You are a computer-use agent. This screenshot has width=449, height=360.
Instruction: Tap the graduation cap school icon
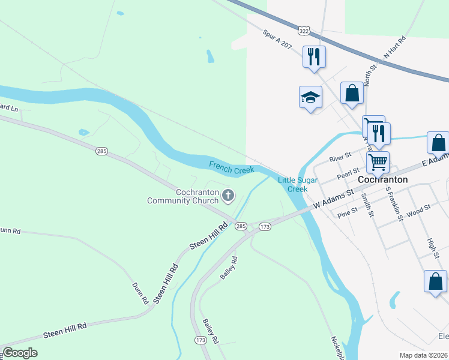click(x=310, y=97)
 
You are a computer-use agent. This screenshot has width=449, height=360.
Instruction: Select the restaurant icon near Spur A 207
click(x=314, y=57)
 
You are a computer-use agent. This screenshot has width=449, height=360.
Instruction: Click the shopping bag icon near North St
click(x=352, y=94)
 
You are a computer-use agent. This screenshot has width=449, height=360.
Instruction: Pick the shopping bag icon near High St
click(x=435, y=282)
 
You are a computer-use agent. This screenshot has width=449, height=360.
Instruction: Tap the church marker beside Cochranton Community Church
click(x=228, y=194)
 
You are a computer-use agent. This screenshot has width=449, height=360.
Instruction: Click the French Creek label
click(x=232, y=167)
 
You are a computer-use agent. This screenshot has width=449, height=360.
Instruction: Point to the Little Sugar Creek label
click(x=292, y=184)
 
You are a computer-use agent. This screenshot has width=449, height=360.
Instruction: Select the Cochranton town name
click(x=382, y=179)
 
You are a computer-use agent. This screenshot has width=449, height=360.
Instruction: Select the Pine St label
click(x=348, y=212)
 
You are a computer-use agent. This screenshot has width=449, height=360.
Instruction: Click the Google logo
click(x=20, y=353)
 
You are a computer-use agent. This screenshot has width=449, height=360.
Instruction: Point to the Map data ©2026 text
click(x=423, y=355)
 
